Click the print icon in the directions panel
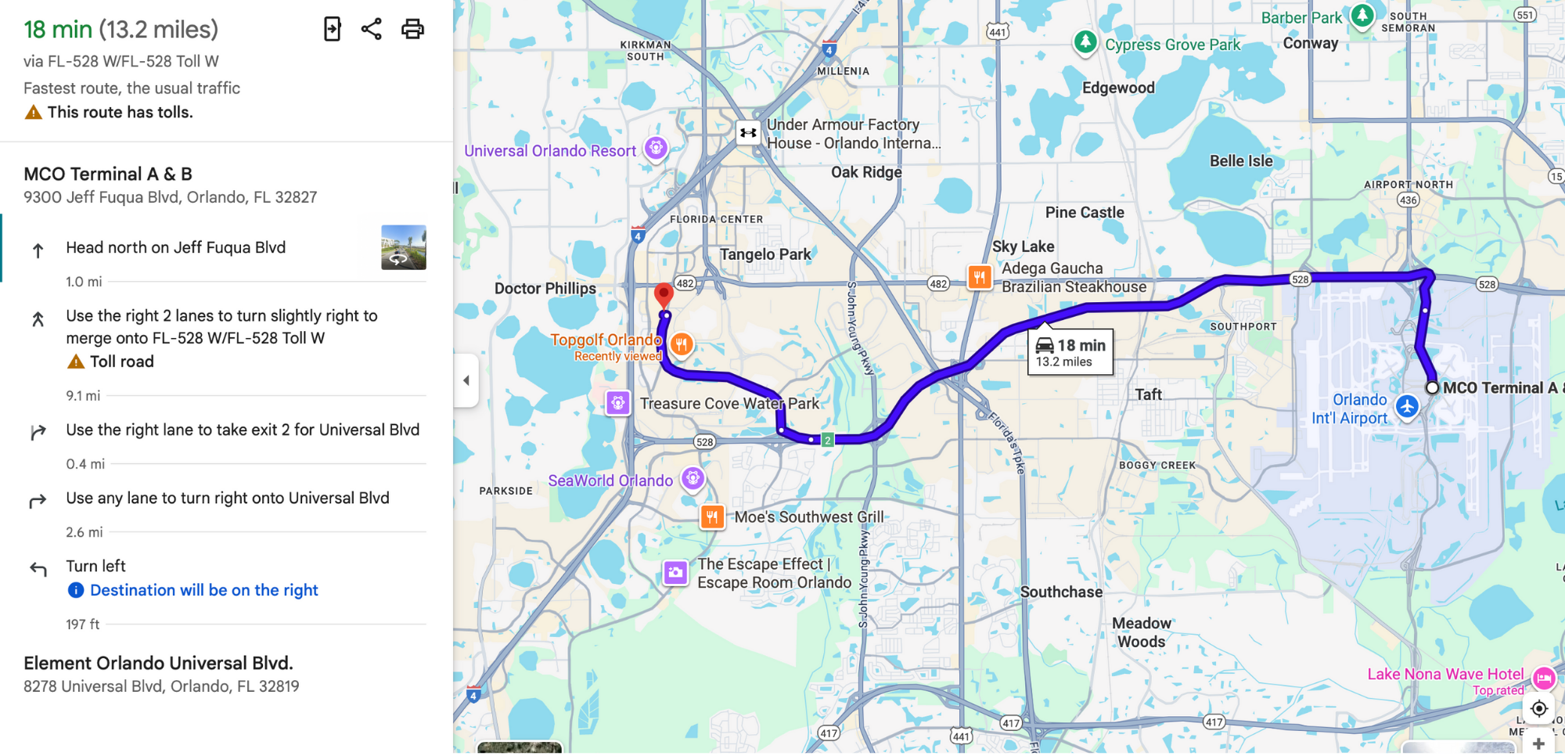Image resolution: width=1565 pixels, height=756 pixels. pos(412,29)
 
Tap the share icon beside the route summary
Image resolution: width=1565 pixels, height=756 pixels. pos(371,29)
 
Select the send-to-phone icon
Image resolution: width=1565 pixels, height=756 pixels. pos(333,29)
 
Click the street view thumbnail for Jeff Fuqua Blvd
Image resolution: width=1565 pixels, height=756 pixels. pos(403,247)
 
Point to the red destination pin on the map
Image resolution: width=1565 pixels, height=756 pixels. pos(664,295)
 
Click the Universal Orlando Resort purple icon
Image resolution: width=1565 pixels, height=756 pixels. pos(656,147)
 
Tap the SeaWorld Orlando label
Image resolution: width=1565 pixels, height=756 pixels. pos(610,481)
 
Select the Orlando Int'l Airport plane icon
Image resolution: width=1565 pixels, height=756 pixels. pos(1407,406)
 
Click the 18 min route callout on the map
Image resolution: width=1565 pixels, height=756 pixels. pos(1070,352)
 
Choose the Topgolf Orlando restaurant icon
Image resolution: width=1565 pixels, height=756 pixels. pos(682,344)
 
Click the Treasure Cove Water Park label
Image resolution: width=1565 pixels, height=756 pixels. pos(729,404)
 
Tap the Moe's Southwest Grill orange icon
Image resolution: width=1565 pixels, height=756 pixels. pos(712,517)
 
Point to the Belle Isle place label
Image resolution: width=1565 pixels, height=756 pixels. pos(1241,161)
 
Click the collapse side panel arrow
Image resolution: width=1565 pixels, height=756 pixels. pos(466,380)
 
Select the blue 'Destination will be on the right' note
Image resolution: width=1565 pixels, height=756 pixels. pos(203,590)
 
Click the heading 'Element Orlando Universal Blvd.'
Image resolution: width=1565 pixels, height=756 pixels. pos(158,663)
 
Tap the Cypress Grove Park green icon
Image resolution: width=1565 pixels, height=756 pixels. pos(1085,41)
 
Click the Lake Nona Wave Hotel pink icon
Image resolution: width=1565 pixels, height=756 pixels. pos(1544,678)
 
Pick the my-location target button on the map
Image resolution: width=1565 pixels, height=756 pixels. pos(1538,708)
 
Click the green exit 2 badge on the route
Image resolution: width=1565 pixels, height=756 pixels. pos(827,440)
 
